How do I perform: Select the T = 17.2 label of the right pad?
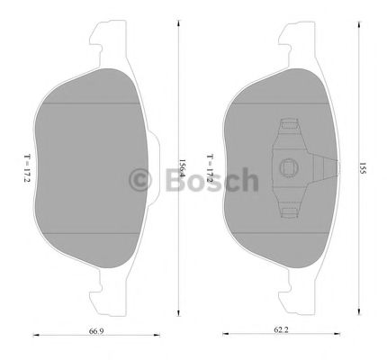pyautogui.click(x=210, y=166)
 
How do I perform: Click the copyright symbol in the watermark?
pyautogui.click(x=143, y=180)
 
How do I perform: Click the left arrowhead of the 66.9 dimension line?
pyautogui.click(x=35, y=335)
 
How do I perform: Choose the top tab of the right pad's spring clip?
pyautogui.click(x=290, y=124)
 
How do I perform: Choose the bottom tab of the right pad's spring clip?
pyautogui.click(x=290, y=211)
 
